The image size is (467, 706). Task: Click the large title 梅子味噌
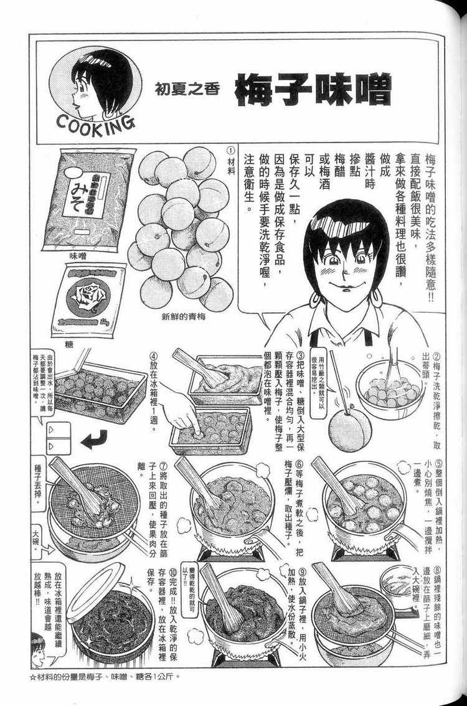(x=313, y=90)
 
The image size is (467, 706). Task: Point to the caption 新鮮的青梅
(x=184, y=316)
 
